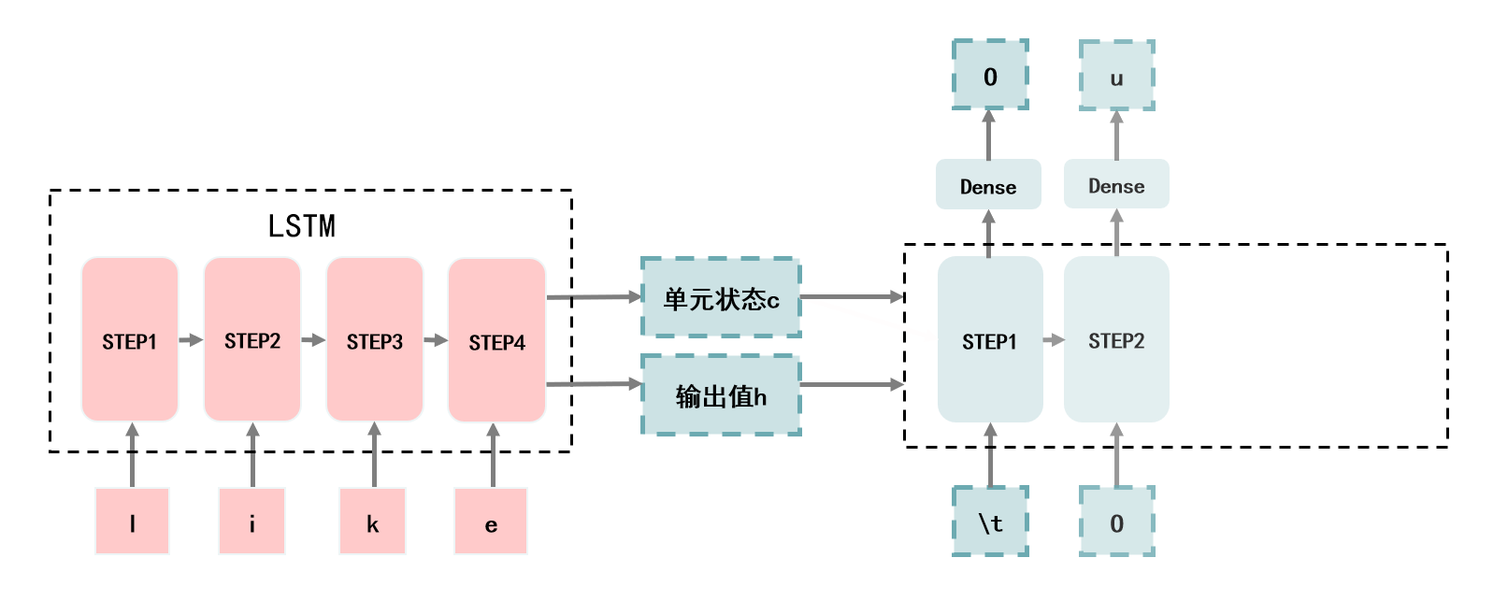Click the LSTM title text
click(x=301, y=226)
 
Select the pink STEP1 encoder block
click(x=130, y=340)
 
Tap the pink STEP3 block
click(x=374, y=340)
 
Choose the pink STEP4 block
click(x=496, y=340)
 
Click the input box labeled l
click(x=132, y=522)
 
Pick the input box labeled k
click(x=372, y=522)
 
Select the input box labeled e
click(x=491, y=522)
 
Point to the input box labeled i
click(x=251, y=522)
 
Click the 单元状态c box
click(x=721, y=297)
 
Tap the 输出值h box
click(x=721, y=394)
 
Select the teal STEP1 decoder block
click(x=989, y=340)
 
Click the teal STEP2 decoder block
click(x=1116, y=340)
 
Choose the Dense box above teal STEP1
click(x=988, y=185)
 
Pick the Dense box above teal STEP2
click(x=1116, y=185)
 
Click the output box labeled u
click(x=1116, y=76)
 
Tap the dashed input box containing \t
click(x=990, y=522)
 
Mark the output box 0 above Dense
click(x=990, y=75)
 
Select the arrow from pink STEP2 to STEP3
click(x=313, y=340)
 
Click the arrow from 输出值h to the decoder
click(x=852, y=384)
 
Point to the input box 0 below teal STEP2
click(x=1116, y=522)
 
